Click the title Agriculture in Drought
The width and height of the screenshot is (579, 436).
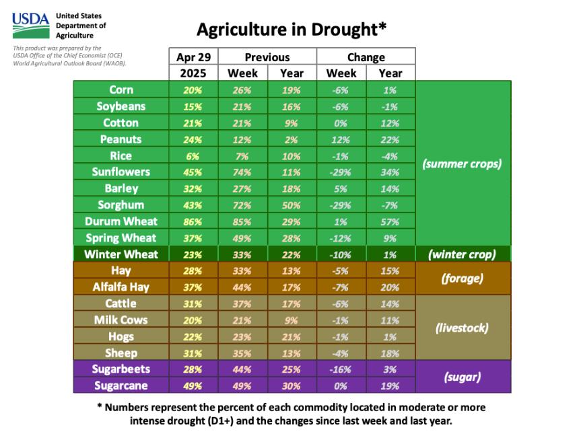pos(291,30)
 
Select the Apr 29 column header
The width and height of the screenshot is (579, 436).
pos(193,57)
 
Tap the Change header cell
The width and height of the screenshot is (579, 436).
pos(366,57)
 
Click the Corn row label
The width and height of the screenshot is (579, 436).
pos(121,89)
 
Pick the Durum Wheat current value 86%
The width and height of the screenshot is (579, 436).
pos(193,221)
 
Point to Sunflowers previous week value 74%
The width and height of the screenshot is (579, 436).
pos(243,172)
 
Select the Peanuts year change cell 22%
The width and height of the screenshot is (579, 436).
pos(390,139)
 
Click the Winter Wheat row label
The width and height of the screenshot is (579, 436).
pos(121,254)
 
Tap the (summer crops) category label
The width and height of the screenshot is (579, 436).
pos(463,163)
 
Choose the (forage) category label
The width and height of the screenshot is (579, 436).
pos(463,278)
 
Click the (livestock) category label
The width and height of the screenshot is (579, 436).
pos(463,328)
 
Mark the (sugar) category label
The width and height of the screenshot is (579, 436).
pos(463,377)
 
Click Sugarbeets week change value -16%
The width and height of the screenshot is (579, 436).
pos(341,369)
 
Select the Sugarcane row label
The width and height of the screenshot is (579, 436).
pos(121,386)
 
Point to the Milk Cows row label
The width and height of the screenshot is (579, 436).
pos(121,320)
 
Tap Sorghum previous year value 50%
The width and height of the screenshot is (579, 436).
pos(292,205)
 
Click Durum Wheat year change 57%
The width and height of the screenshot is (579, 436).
pos(390,221)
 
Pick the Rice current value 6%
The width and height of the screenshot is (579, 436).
pos(193,155)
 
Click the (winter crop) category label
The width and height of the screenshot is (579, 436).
pos(463,254)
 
